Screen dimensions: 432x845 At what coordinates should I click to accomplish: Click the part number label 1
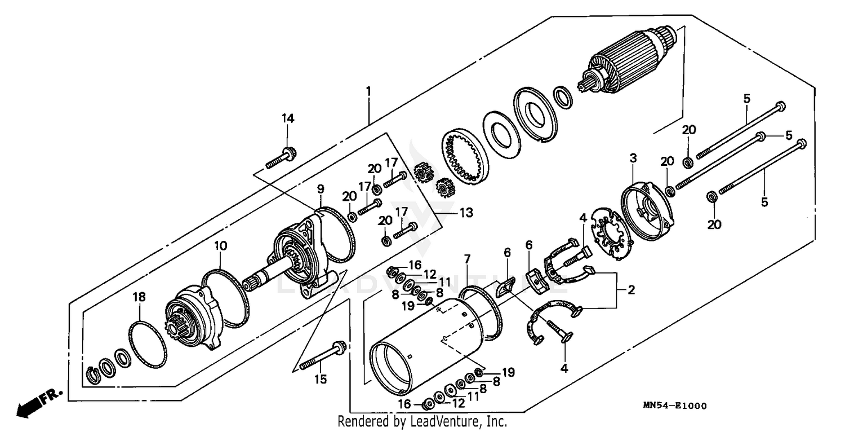click(x=368, y=90)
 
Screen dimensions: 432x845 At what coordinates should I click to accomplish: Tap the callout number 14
click(x=288, y=118)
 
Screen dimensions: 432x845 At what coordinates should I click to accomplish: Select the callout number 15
click(x=320, y=380)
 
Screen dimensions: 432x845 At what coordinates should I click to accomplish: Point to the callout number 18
click(x=139, y=297)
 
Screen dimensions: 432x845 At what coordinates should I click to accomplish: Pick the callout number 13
click(x=466, y=213)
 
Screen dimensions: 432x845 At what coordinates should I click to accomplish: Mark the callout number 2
click(x=631, y=290)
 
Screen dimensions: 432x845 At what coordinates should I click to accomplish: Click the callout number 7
click(x=466, y=259)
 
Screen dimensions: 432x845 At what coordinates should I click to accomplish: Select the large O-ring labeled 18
click(x=148, y=344)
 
